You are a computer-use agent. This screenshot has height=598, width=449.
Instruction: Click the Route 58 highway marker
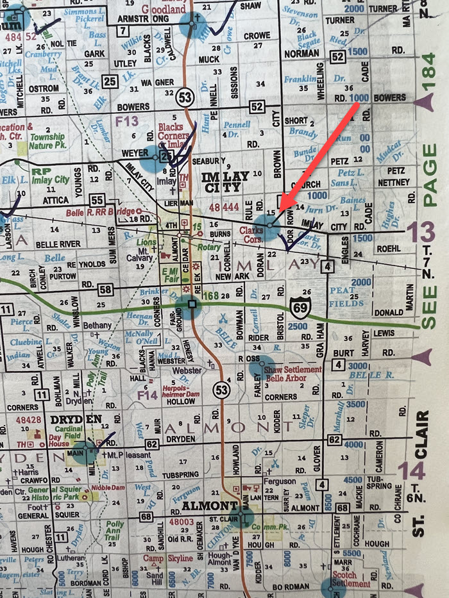106,289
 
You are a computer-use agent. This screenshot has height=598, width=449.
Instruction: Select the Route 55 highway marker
97,200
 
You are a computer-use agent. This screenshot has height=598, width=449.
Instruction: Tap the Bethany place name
96,326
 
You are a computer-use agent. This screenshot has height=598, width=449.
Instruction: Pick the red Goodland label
163,8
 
